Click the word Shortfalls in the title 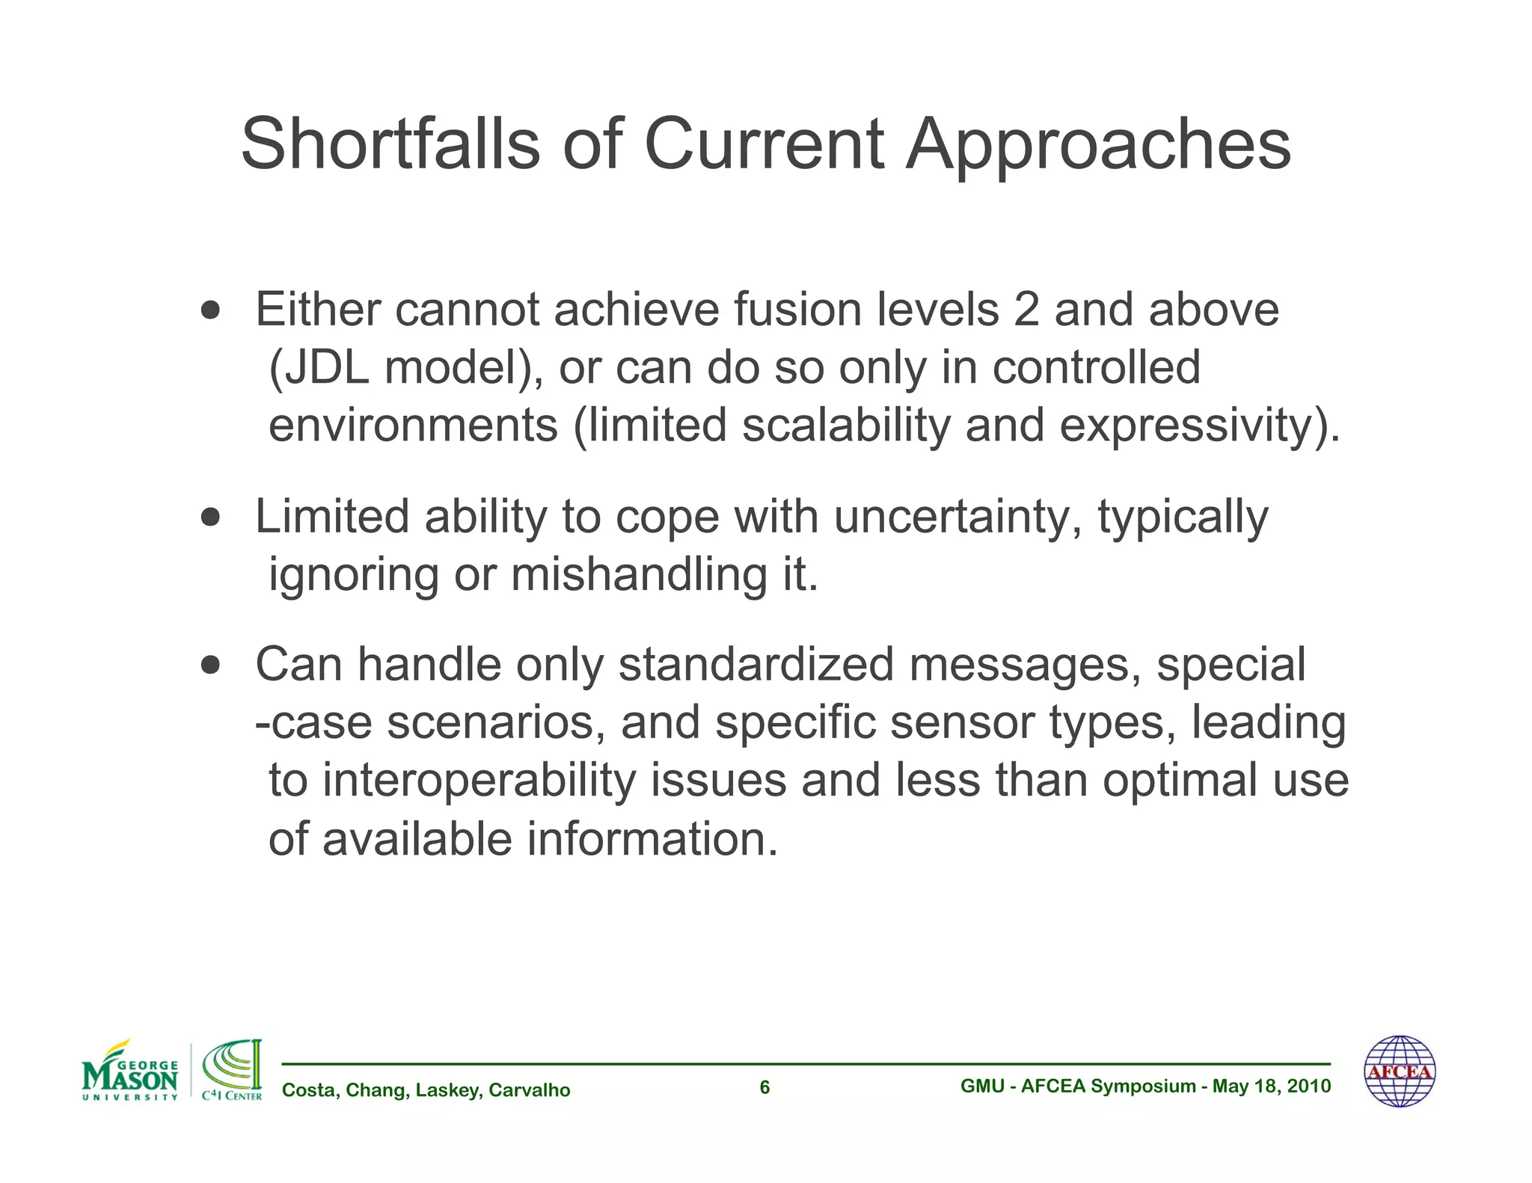(390, 144)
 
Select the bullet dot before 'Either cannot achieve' (211, 310)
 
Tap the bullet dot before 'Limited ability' (211, 517)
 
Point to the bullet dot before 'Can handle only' (211, 664)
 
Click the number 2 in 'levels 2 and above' (1026, 310)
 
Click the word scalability (847, 425)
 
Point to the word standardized (756, 664)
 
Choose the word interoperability (479, 780)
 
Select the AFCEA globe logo (1400, 1072)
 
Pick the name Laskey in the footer (447, 1091)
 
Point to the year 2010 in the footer (1310, 1087)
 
